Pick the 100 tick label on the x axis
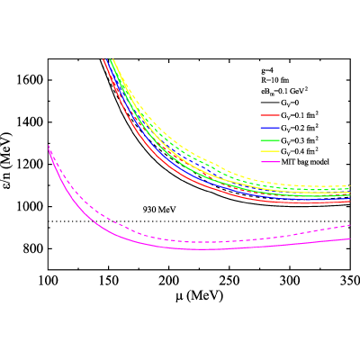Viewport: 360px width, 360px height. tap(49, 281)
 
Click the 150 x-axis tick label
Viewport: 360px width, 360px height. tap(109, 281)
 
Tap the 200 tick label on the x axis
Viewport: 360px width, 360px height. tap(169, 281)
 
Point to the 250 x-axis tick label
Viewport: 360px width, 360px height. tap(229, 281)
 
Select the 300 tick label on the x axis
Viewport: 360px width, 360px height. tap(290, 281)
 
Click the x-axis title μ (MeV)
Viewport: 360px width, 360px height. tap(200, 296)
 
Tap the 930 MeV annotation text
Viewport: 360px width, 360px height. tap(159, 210)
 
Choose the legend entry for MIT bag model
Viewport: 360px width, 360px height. tap(294, 162)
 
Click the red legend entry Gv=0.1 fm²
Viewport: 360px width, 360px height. tap(290, 115)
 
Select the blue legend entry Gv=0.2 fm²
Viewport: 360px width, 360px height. tap(290, 128)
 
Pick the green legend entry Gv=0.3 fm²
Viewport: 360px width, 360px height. tap(290, 139)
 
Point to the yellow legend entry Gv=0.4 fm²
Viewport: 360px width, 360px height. tap(290, 151)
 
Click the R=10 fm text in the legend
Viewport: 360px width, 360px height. tap(274, 80)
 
